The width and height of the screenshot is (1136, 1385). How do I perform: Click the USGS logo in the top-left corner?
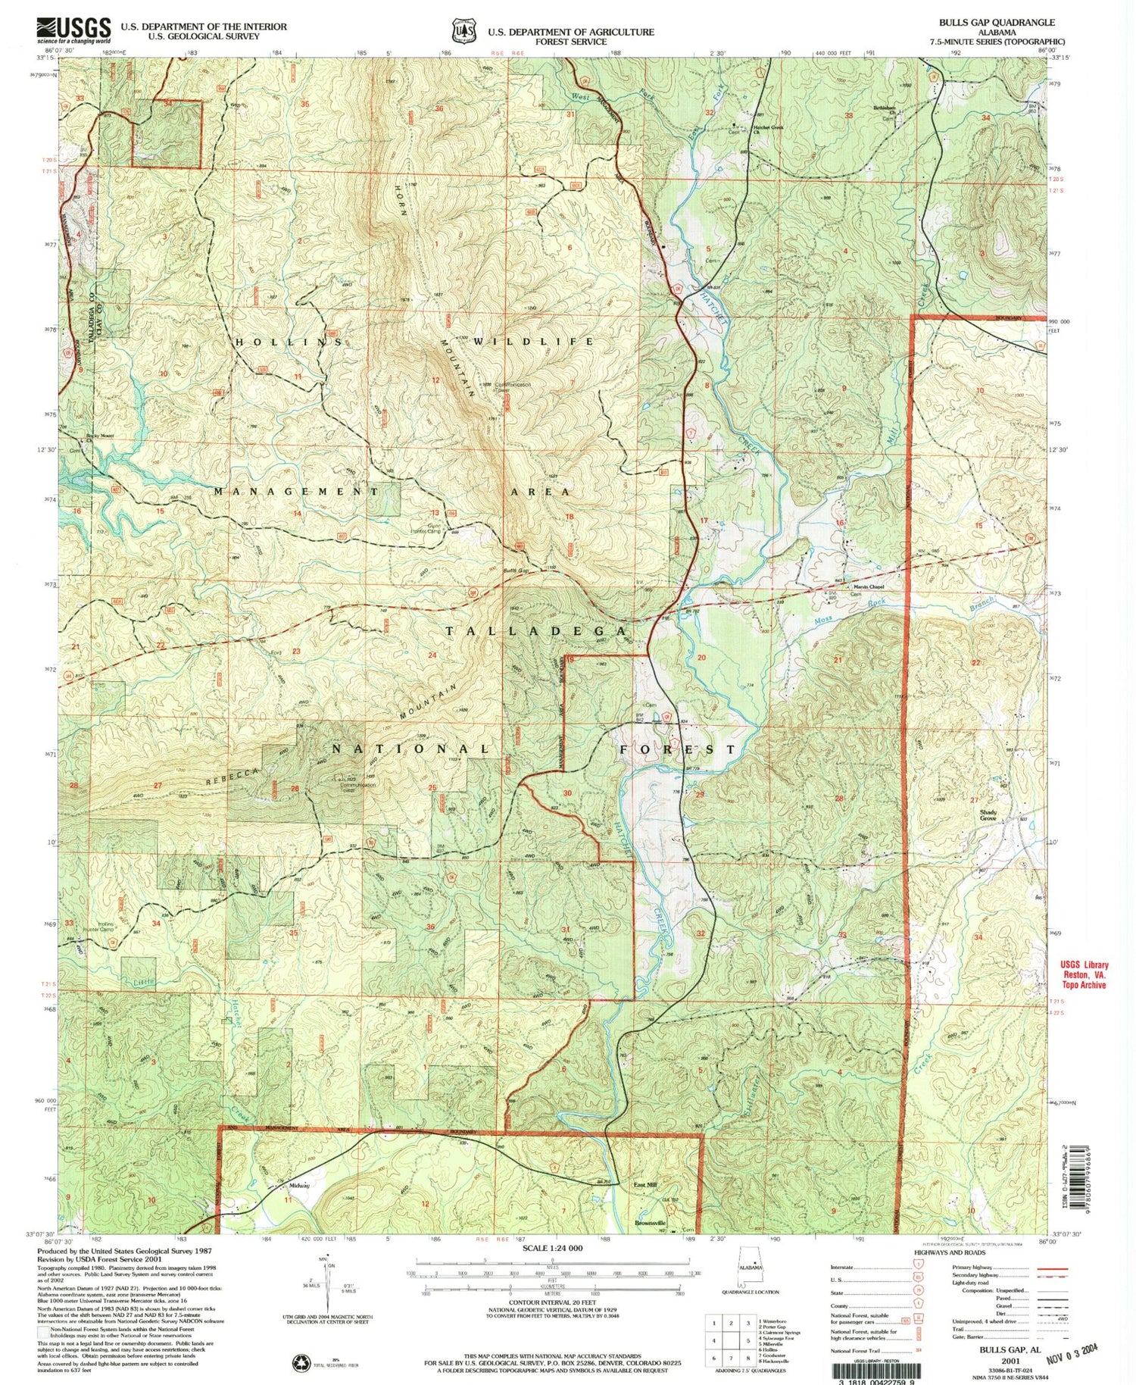(x=73, y=30)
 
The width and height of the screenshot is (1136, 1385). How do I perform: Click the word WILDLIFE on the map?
(x=534, y=342)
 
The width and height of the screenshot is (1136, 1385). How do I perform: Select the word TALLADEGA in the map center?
(x=536, y=631)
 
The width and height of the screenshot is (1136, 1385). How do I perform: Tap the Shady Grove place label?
(x=988, y=815)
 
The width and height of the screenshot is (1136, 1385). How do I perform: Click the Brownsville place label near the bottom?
(x=651, y=1223)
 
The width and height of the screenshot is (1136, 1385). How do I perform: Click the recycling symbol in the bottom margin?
(x=301, y=1362)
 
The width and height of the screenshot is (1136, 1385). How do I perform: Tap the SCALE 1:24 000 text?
(x=552, y=1248)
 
